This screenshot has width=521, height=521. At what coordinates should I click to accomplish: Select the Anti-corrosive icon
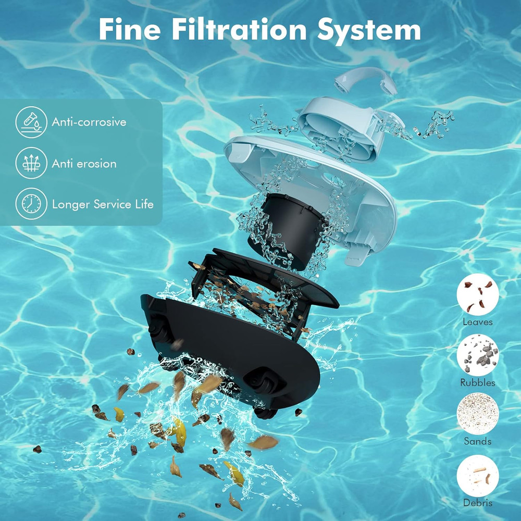pyautogui.click(x=31, y=122)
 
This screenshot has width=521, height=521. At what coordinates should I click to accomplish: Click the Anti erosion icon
pyautogui.click(x=31, y=163)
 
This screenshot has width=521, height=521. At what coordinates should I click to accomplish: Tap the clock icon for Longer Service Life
pyautogui.click(x=31, y=204)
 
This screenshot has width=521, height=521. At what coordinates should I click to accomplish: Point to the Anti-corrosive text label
pyautogui.click(x=89, y=122)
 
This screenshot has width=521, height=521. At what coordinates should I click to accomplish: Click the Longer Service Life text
pyautogui.click(x=103, y=204)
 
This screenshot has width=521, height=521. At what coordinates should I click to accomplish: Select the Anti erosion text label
pyautogui.click(x=84, y=164)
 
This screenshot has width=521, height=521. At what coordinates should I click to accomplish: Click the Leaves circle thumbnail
pyautogui.click(x=478, y=294)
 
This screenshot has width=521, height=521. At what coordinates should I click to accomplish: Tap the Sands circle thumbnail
pyautogui.click(x=478, y=414)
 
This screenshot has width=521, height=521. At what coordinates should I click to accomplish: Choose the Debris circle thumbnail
pyautogui.click(x=478, y=476)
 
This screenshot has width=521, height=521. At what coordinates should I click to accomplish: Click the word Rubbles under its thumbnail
pyautogui.click(x=478, y=383)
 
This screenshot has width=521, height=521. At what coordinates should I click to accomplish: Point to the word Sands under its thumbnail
pyautogui.click(x=478, y=441)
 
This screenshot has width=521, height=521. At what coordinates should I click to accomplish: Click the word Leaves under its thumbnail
pyautogui.click(x=478, y=322)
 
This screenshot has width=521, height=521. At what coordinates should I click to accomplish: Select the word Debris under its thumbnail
pyautogui.click(x=478, y=503)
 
